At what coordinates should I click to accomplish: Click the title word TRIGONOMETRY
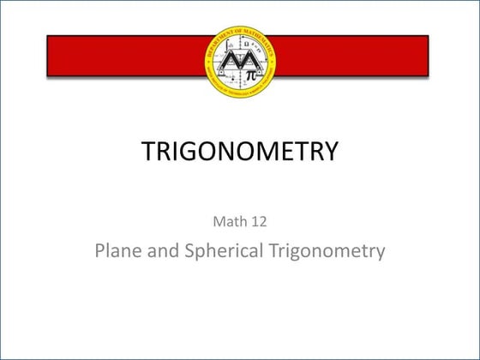(x=239, y=152)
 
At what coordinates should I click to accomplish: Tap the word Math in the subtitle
(x=225, y=221)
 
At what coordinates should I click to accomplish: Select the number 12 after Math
(x=258, y=221)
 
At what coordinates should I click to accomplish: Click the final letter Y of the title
(x=330, y=152)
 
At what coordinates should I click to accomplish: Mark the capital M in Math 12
(x=218, y=221)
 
